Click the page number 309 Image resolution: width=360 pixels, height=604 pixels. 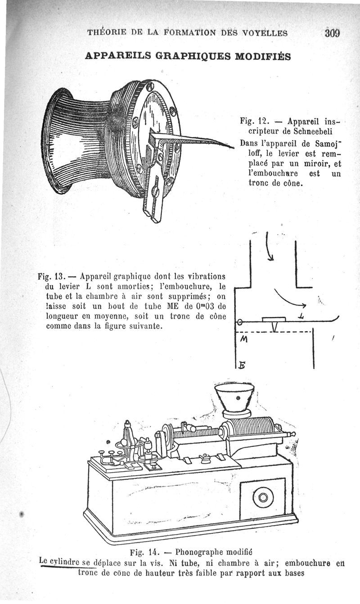(x=332, y=33)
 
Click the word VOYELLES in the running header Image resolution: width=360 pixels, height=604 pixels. (x=259, y=32)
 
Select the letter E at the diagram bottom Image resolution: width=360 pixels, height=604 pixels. (x=242, y=365)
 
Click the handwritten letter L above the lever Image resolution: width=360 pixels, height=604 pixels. (x=301, y=318)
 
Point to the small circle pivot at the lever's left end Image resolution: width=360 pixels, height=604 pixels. (x=240, y=322)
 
